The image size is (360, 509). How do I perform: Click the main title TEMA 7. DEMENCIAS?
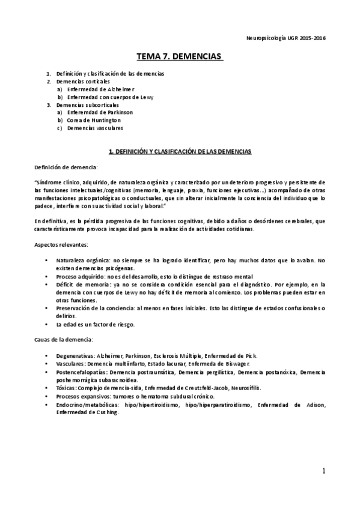180,56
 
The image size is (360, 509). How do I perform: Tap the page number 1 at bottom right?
323,471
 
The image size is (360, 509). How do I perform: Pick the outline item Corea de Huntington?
90,120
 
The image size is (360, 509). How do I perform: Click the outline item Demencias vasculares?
96,128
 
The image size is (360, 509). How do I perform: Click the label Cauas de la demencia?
62,340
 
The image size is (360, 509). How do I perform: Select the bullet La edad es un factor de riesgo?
95,324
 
